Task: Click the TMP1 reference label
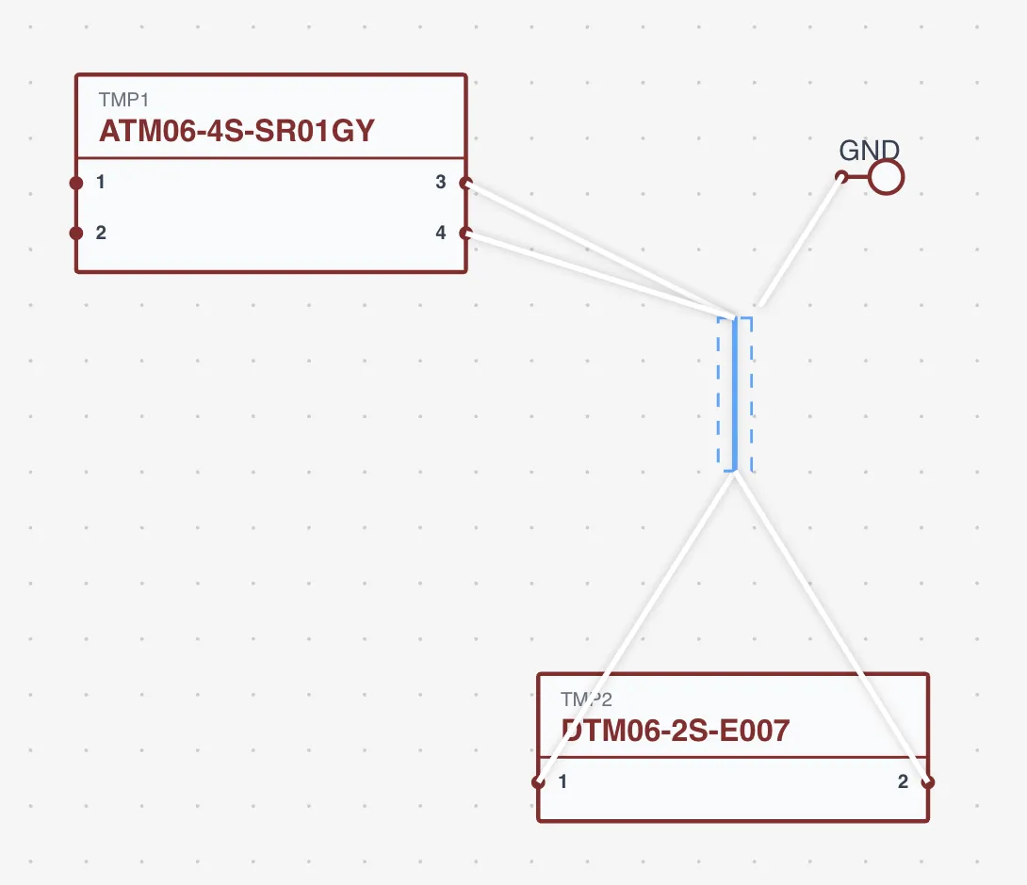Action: point(123,100)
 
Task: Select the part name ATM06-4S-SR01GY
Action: point(236,130)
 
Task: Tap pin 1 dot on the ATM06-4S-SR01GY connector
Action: point(76,183)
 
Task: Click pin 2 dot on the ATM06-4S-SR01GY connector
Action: point(76,233)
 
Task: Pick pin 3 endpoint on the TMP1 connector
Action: point(465,183)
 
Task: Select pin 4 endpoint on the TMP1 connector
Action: point(465,233)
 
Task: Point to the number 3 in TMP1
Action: point(441,183)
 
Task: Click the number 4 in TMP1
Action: point(441,233)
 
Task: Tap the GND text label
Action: point(869,151)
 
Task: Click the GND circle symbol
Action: point(886,177)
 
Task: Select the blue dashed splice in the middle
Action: point(734,394)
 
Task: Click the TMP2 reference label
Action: point(586,699)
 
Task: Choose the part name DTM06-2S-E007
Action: point(675,730)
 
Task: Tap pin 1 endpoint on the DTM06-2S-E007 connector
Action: point(538,781)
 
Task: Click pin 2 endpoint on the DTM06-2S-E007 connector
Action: point(928,781)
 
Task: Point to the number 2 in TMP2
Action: point(903,781)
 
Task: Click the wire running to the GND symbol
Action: point(801,242)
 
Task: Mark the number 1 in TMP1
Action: point(101,183)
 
